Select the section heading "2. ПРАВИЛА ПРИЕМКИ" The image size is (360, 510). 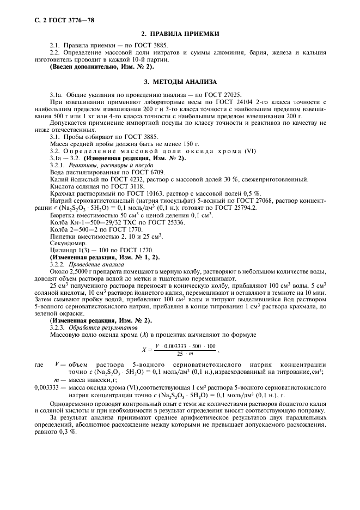click(x=180, y=34)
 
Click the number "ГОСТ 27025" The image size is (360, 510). click(x=223, y=94)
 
